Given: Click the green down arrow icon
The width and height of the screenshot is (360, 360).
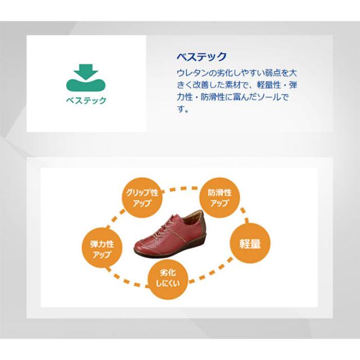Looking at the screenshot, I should [85, 71].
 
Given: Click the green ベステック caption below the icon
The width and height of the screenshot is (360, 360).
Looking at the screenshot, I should [86, 101].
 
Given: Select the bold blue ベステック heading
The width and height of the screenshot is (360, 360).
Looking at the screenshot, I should [201, 57].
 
